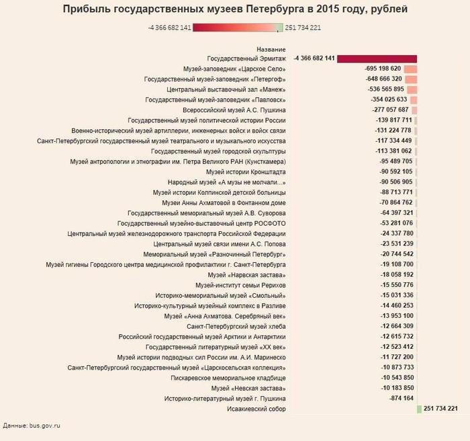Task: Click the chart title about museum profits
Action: tap(235, 9)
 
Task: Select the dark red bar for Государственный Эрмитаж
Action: tap(377, 58)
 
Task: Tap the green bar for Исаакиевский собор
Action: tap(419, 409)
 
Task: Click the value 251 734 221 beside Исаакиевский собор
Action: tap(441, 409)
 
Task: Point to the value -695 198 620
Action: tap(383, 69)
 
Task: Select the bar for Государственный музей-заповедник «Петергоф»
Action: tap(411, 79)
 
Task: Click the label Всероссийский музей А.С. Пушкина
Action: tap(234, 110)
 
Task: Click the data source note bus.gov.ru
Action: tap(32, 426)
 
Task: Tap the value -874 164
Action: tap(401, 399)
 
